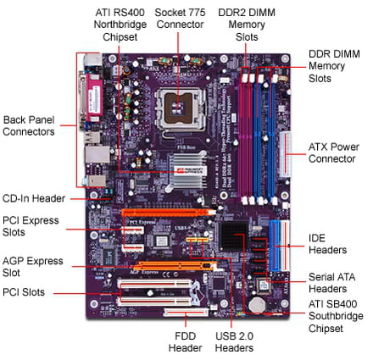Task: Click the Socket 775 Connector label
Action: (x=180, y=19)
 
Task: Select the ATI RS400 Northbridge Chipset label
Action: (x=120, y=25)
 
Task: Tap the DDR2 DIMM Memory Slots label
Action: (x=247, y=25)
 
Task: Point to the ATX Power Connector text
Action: (x=334, y=152)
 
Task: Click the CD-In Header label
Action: (x=34, y=198)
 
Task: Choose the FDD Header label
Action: (x=186, y=342)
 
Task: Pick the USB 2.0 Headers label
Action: (x=234, y=342)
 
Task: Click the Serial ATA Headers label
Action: (x=331, y=283)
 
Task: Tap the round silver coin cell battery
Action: (x=257, y=305)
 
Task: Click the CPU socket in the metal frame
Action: (x=180, y=108)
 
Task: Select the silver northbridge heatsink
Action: (x=186, y=171)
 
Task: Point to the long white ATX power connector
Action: (x=286, y=154)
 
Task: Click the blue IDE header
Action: (x=275, y=246)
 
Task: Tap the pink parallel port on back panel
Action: (x=95, y=99)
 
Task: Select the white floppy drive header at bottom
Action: (x=186, y=312)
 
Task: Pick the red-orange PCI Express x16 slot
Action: (x=169, y=212)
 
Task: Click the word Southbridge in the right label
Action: (x=336, y=316)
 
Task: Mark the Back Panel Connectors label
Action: (x=29, y=125)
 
